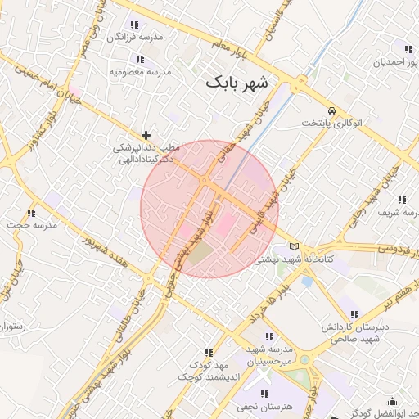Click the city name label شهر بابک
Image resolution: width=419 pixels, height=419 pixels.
click(237, 83)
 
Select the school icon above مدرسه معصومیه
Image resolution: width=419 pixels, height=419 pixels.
click(140, 59)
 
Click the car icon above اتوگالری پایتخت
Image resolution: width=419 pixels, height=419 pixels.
click(331, 110)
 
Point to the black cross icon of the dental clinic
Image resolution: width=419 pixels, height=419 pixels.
click(146, 135)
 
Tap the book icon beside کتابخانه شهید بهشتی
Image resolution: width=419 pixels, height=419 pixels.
click(295, 246)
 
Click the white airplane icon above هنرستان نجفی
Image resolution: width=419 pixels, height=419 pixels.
click(264, 379)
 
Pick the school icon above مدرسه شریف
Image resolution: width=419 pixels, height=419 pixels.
click(402, 199)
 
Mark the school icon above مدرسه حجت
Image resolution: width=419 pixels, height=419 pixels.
click(31, 213)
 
